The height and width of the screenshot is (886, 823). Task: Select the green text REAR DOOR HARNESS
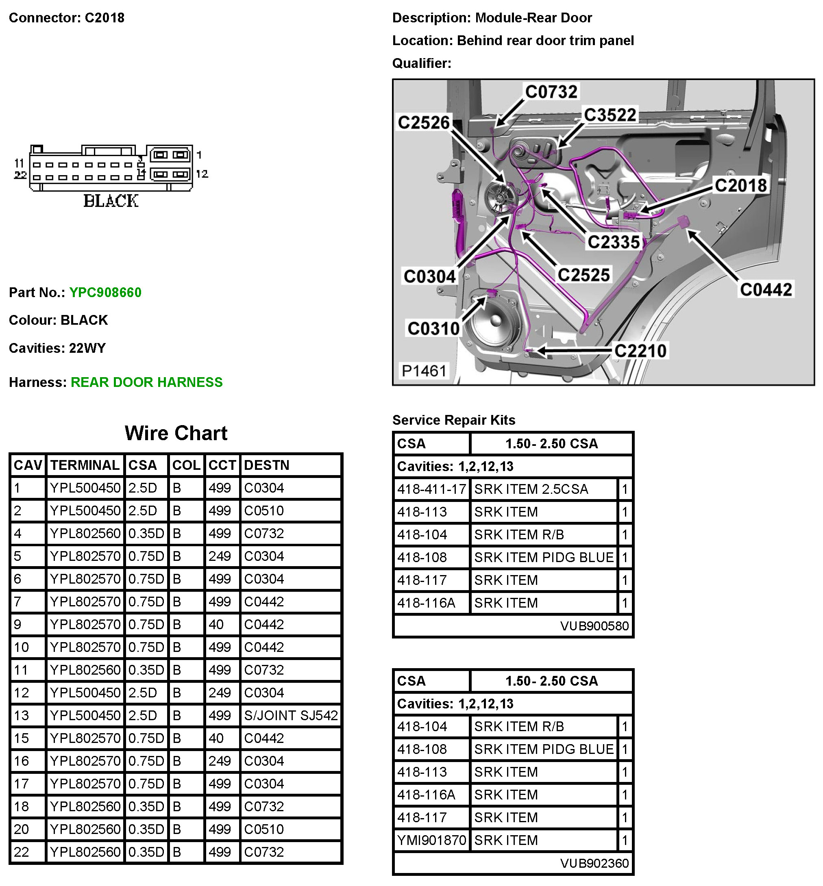pos(146,382)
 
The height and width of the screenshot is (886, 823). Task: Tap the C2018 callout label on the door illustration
pos(740,186)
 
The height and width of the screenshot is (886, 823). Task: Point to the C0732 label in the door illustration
pos(551,92)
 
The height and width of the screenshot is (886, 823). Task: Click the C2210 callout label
pos(640,351)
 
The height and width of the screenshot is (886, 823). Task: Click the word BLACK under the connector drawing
pos(111,201)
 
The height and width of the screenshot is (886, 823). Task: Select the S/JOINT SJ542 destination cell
pos(291,715)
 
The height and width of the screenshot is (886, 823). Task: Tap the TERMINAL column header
pos(85,465)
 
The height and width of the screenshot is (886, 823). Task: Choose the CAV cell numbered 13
pos(22,715)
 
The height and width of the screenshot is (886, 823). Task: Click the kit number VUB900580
pos(594,626)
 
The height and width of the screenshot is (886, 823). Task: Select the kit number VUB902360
pos(594,863)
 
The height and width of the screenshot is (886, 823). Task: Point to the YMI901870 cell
pos(431,840)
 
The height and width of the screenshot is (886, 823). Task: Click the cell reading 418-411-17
pos(431,489)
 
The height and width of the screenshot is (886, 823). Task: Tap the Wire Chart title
pos(176,433)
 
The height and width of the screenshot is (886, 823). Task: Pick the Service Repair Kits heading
pos(454,420)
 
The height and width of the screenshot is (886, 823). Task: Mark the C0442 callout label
pos(766,290)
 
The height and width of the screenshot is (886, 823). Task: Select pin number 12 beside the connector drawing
pos(202,174)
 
